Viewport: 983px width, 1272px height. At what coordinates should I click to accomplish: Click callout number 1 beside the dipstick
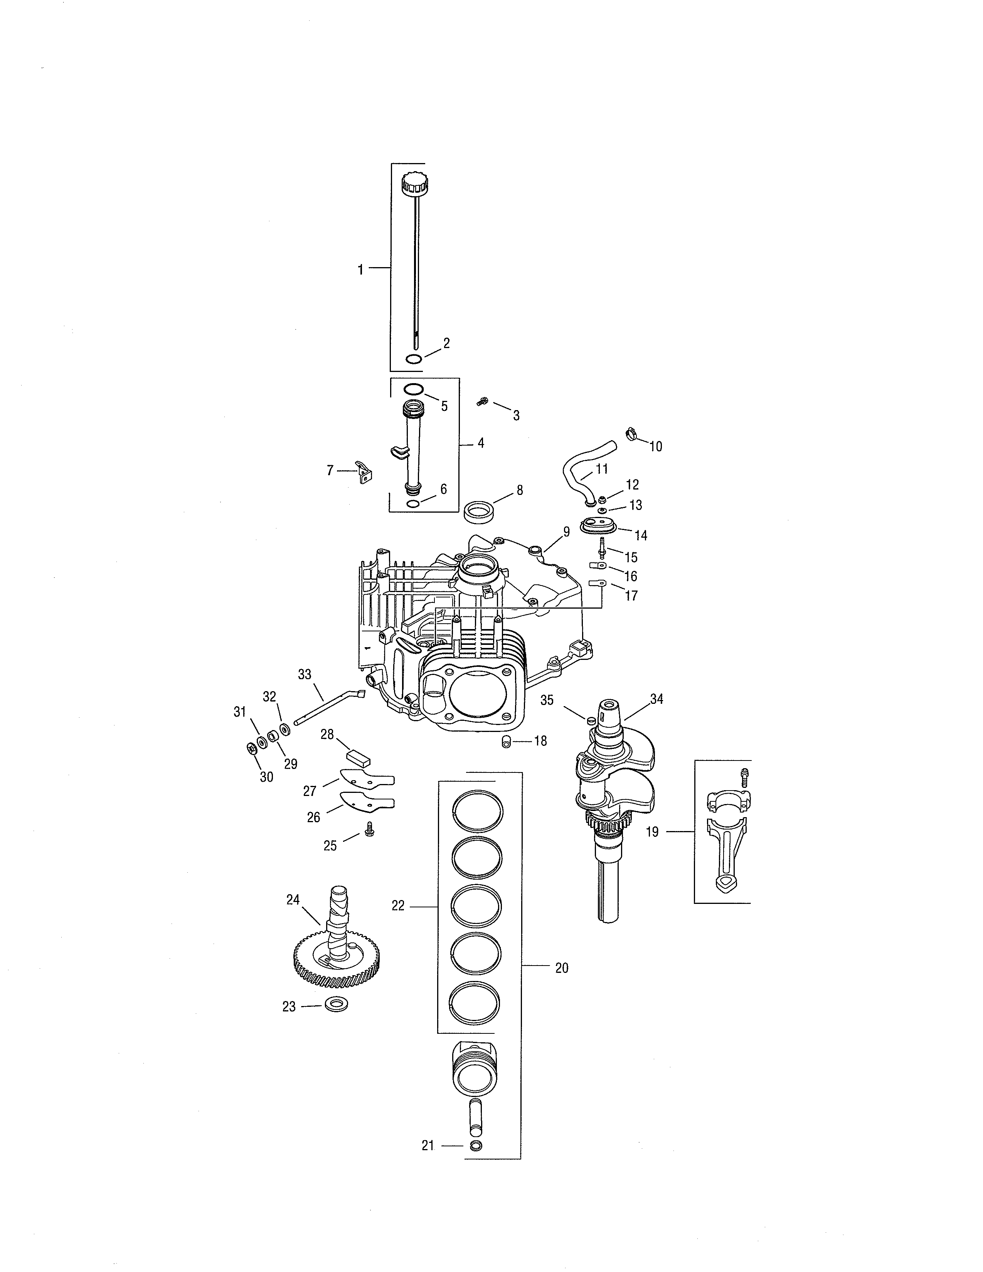coord(360,270)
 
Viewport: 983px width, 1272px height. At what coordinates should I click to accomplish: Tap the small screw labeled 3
coord(482,401)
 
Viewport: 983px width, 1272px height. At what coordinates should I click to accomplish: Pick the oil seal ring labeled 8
coord(479,513)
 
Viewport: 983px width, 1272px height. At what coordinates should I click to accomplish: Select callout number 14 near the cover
coord(641,535)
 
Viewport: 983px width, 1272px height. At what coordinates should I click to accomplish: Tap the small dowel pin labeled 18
coord(506,741)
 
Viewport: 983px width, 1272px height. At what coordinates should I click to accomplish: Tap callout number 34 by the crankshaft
coord(656,699)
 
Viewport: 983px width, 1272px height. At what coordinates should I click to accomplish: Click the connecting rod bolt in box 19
coord(744,775)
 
